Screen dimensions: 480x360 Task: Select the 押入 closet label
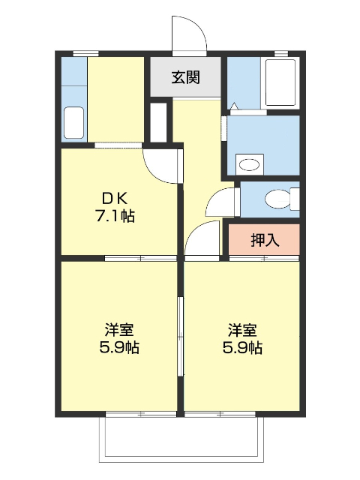point(264,240)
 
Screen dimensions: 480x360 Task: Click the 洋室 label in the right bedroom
point(242,329)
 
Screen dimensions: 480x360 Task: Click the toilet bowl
point(280,199)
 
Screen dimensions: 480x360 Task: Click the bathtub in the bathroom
point(281,82)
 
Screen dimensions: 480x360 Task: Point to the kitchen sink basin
point(73,122)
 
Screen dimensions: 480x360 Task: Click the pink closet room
point(264,240)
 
